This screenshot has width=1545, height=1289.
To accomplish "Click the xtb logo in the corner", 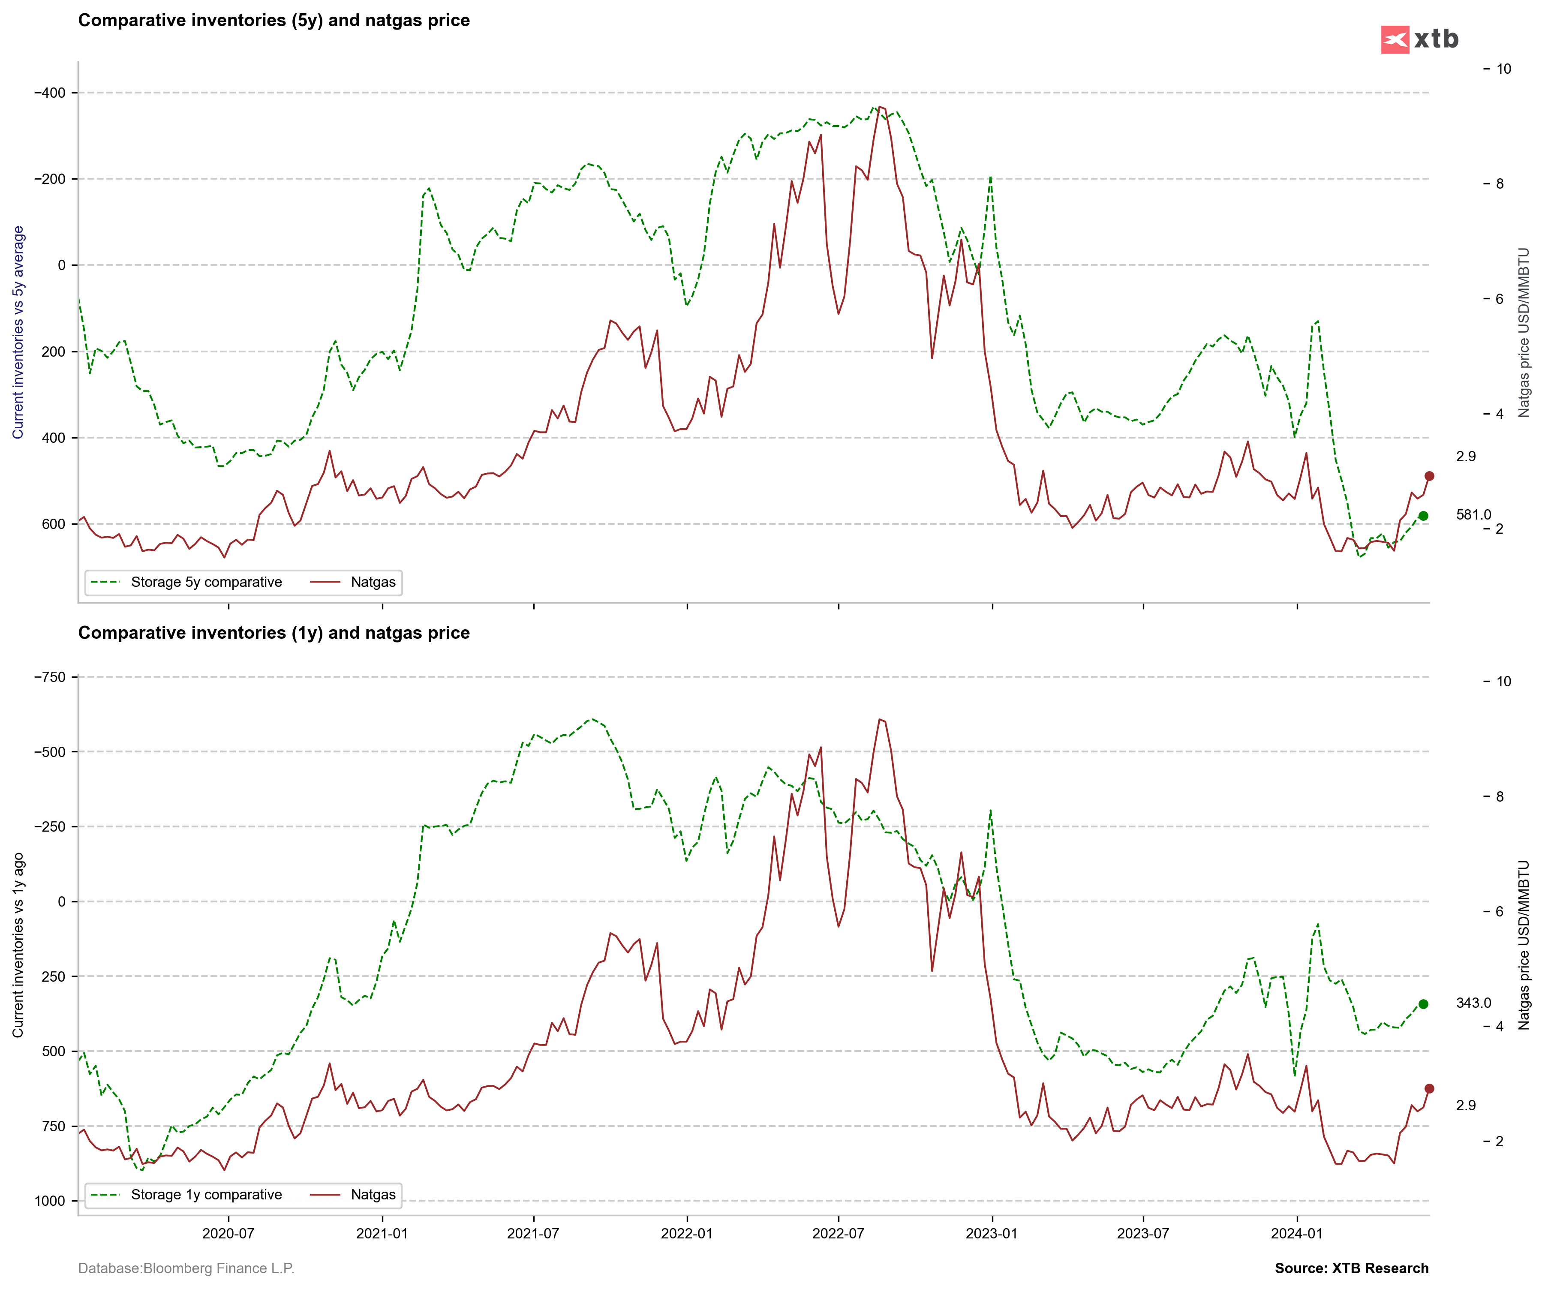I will coord(1419,39).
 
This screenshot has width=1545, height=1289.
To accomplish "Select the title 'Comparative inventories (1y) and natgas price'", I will coord(274,633).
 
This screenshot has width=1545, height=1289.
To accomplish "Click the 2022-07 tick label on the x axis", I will coord(838,1234).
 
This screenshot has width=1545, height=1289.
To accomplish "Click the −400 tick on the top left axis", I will coord(50,93).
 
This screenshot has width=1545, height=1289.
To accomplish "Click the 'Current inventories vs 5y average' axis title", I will coord(18,333).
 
